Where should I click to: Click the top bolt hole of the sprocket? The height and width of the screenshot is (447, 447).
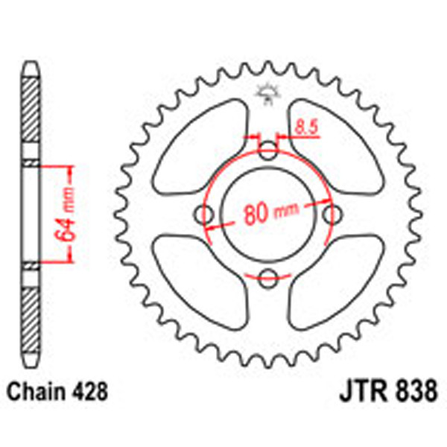click(268, 153)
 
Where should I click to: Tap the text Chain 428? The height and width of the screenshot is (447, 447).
click(59, 392)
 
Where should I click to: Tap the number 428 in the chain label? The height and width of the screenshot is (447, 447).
click(95, 392)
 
